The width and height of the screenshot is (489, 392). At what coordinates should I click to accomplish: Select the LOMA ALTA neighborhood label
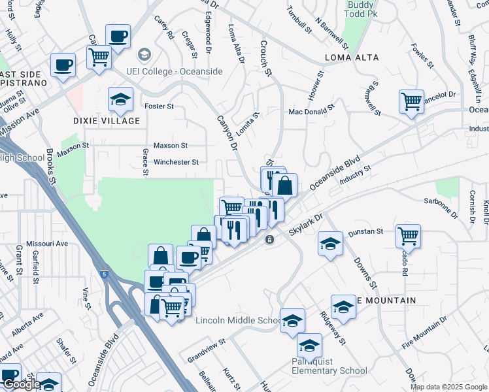coord(352,58)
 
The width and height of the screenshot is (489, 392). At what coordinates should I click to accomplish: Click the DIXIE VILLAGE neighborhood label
coord(107,121)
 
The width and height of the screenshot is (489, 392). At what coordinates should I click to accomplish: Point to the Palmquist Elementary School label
coord(329,366)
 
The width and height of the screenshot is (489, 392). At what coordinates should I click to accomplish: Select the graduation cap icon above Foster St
coord(120,99)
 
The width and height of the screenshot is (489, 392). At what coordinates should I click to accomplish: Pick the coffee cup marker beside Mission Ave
coord(63,65)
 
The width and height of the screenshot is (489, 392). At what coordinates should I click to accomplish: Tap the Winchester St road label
coord(176,162)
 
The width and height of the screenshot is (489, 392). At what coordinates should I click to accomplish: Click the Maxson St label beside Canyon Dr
coord(170,145)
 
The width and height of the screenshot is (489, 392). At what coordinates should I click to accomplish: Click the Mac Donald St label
coord(312,112)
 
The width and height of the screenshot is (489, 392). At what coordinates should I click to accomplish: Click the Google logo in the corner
coord(21,384)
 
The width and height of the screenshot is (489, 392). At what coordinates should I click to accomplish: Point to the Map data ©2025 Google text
coord(448,387)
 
